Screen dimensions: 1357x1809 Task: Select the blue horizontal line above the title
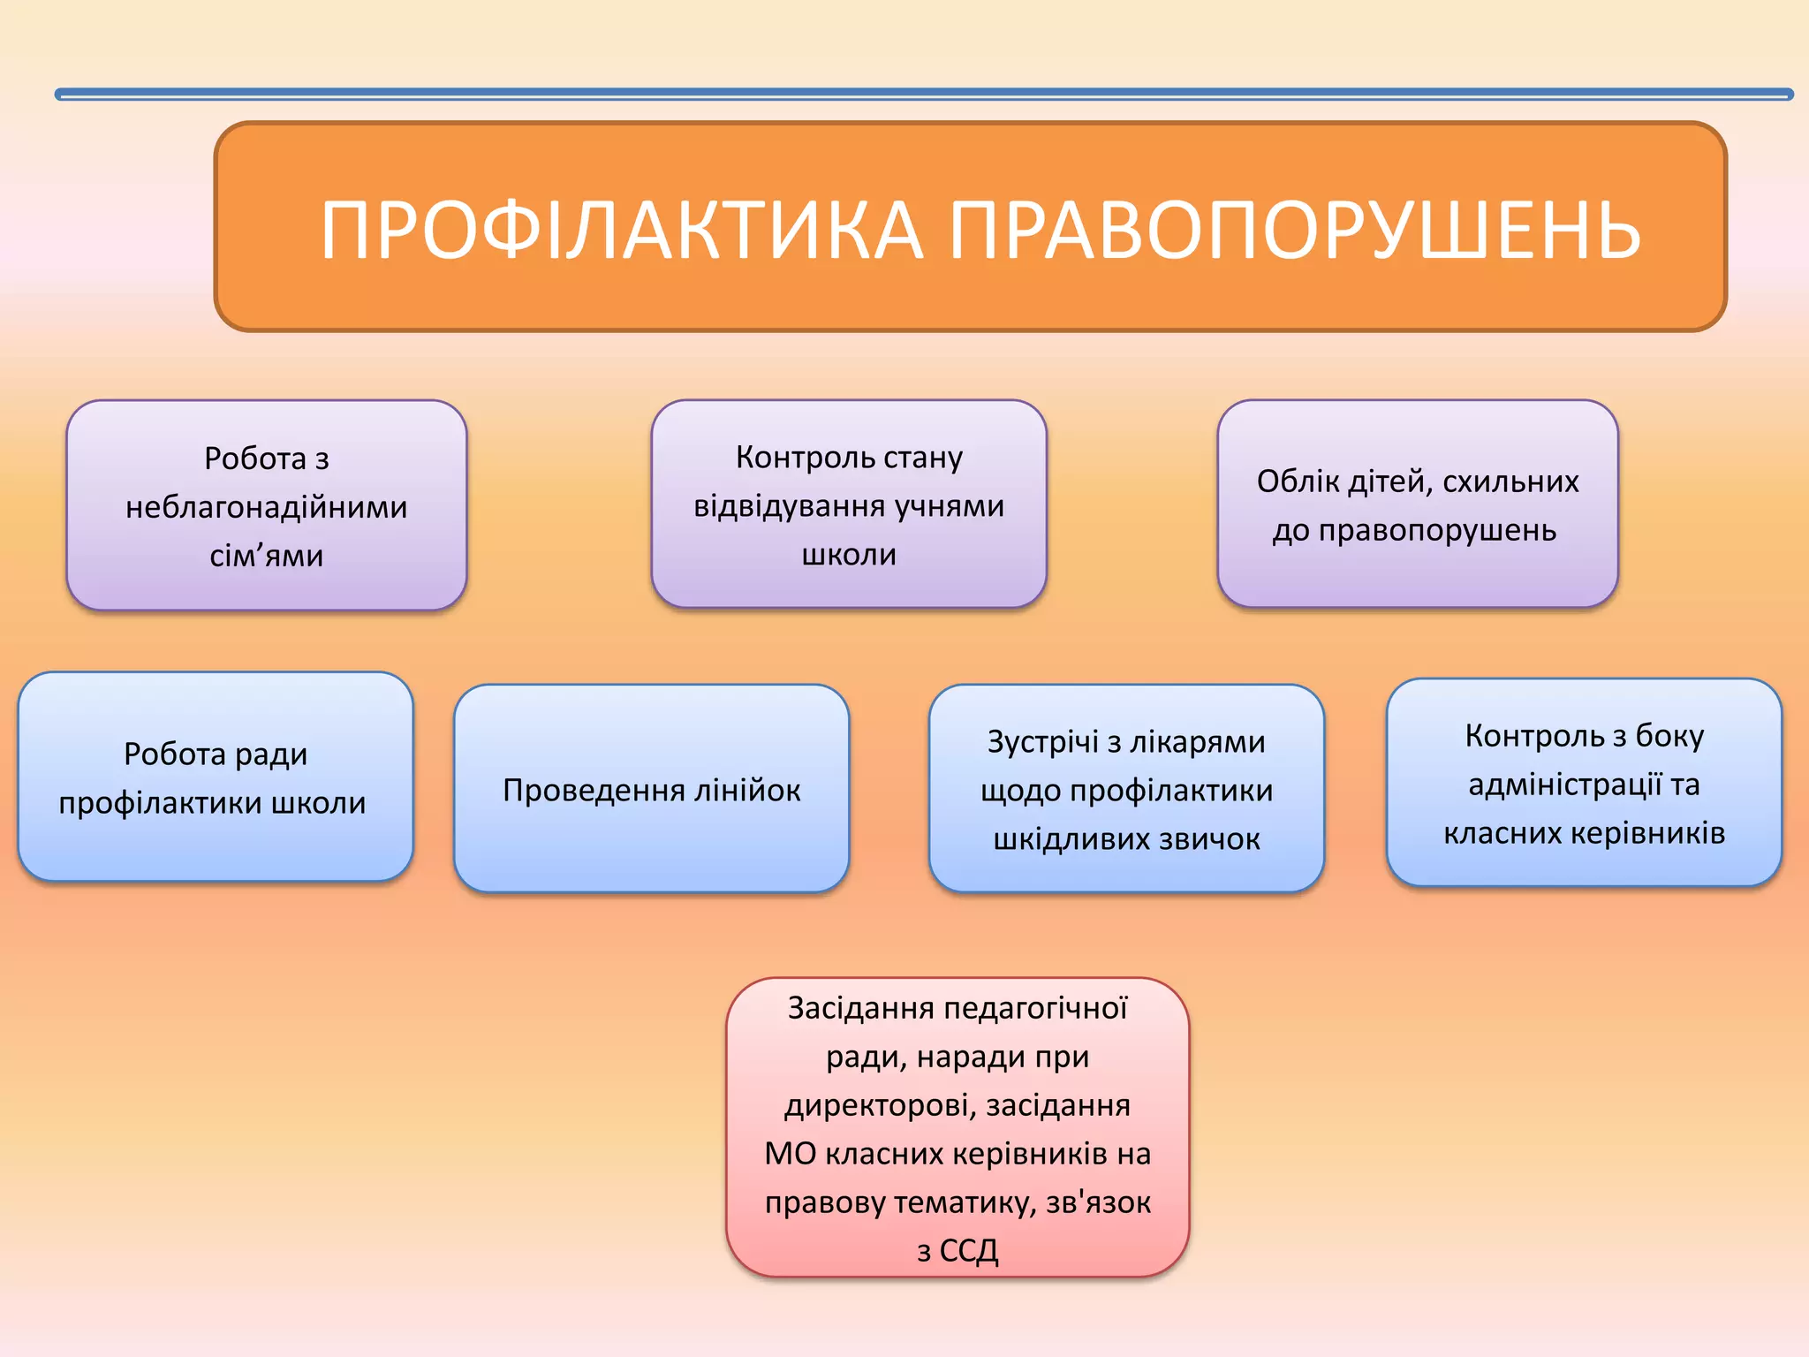[x=923, y=94]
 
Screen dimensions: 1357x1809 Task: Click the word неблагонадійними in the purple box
[x=266, y=508]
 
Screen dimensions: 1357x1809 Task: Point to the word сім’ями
[x=266, y=557]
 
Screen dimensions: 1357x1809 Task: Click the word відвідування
[x=788, y=506]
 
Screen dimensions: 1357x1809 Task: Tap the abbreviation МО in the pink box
[x=790, y=1155]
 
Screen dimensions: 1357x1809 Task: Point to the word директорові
[x=880, y=1106]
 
